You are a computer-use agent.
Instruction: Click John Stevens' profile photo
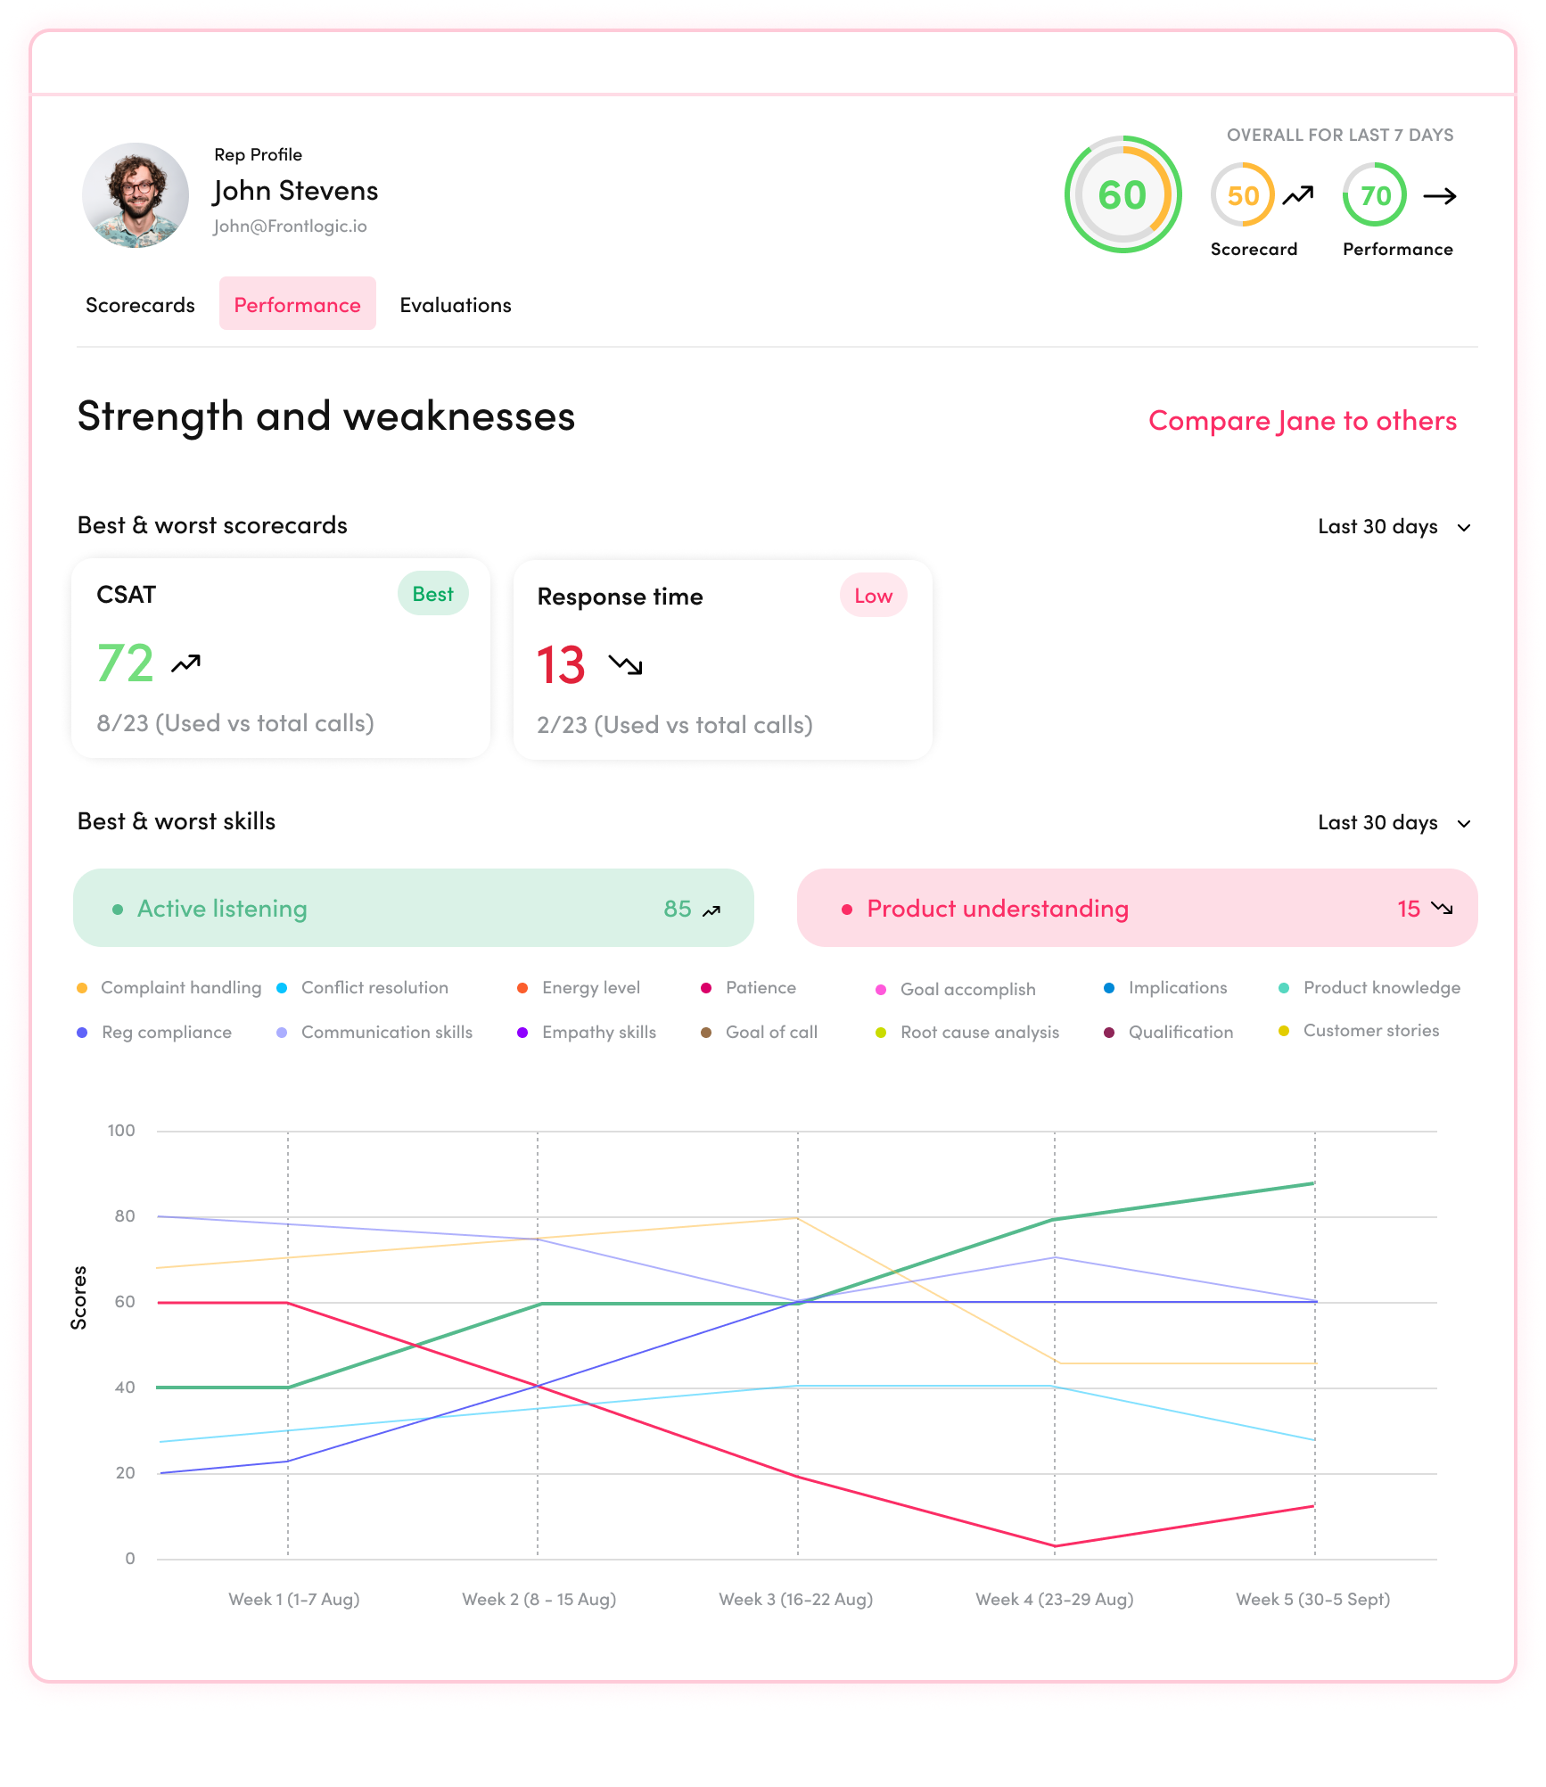(136, 195)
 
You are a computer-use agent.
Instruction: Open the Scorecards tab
(140, 305)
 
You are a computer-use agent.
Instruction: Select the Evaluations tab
(455, 305)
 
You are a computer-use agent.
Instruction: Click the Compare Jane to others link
(1302, 421)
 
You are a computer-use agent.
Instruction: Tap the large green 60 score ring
(1122, 195)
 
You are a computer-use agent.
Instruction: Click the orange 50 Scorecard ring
(1243, 195)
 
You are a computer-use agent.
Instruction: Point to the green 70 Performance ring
(1375, 195)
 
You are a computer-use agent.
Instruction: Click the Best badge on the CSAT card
(432, 594)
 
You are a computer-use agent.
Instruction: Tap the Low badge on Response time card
(873, 596)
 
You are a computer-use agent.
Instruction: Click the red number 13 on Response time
(561, 665)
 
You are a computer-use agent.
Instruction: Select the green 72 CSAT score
(126, 663)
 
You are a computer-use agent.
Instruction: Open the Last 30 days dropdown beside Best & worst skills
(1394, 822)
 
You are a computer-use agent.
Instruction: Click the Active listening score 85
(678, 909)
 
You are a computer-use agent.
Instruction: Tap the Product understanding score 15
(1408, 909)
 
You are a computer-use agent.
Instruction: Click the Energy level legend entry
(590, 988)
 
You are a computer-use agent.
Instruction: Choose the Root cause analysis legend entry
(979, 1033)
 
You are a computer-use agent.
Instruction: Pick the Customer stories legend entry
(1370, 1031)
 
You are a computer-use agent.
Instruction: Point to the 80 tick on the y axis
(125, 1216)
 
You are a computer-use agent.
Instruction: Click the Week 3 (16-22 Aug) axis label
(795, 1599)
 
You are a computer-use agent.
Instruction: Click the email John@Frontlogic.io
(290, 226)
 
